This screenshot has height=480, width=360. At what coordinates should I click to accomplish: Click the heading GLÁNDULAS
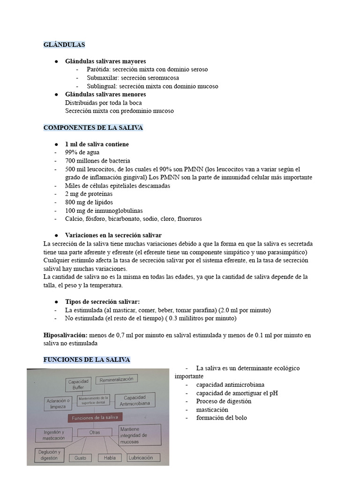click(64, 45)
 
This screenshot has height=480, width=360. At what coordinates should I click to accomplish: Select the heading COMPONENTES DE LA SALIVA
click(93, 128)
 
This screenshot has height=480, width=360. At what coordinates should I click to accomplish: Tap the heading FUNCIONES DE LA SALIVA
click(87, 360)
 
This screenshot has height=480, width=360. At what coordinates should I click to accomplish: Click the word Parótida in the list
click(98, 69)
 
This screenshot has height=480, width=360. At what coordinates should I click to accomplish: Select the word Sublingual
click(102, 86)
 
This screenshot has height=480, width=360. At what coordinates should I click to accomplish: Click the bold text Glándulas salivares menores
click(105, 95)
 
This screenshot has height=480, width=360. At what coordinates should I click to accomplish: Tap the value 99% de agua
click(82, 152)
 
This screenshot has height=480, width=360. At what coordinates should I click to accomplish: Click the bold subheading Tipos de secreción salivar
click(102, 301)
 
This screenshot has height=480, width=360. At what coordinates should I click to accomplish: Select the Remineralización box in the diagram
click(116, 379)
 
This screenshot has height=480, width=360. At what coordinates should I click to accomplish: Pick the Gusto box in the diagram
click(80, 458)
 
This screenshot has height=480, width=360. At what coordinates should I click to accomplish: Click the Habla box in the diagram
click(109, 458)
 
